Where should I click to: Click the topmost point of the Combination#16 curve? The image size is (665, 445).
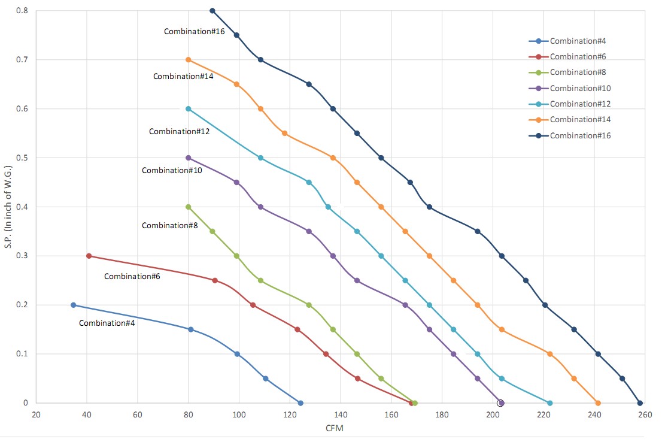tap(212, 11)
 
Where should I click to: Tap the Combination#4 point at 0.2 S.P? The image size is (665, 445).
tap(74, 305)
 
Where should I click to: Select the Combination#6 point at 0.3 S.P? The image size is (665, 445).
tap(89, 256)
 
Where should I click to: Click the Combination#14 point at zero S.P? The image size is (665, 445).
tap(598, 403)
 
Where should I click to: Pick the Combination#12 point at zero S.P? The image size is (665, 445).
tap(549, 403)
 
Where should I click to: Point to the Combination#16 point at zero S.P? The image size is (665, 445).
tap(640, 403)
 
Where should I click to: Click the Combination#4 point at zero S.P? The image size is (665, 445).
tap(300, 403)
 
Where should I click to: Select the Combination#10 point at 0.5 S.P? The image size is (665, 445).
tap(189, 158)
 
